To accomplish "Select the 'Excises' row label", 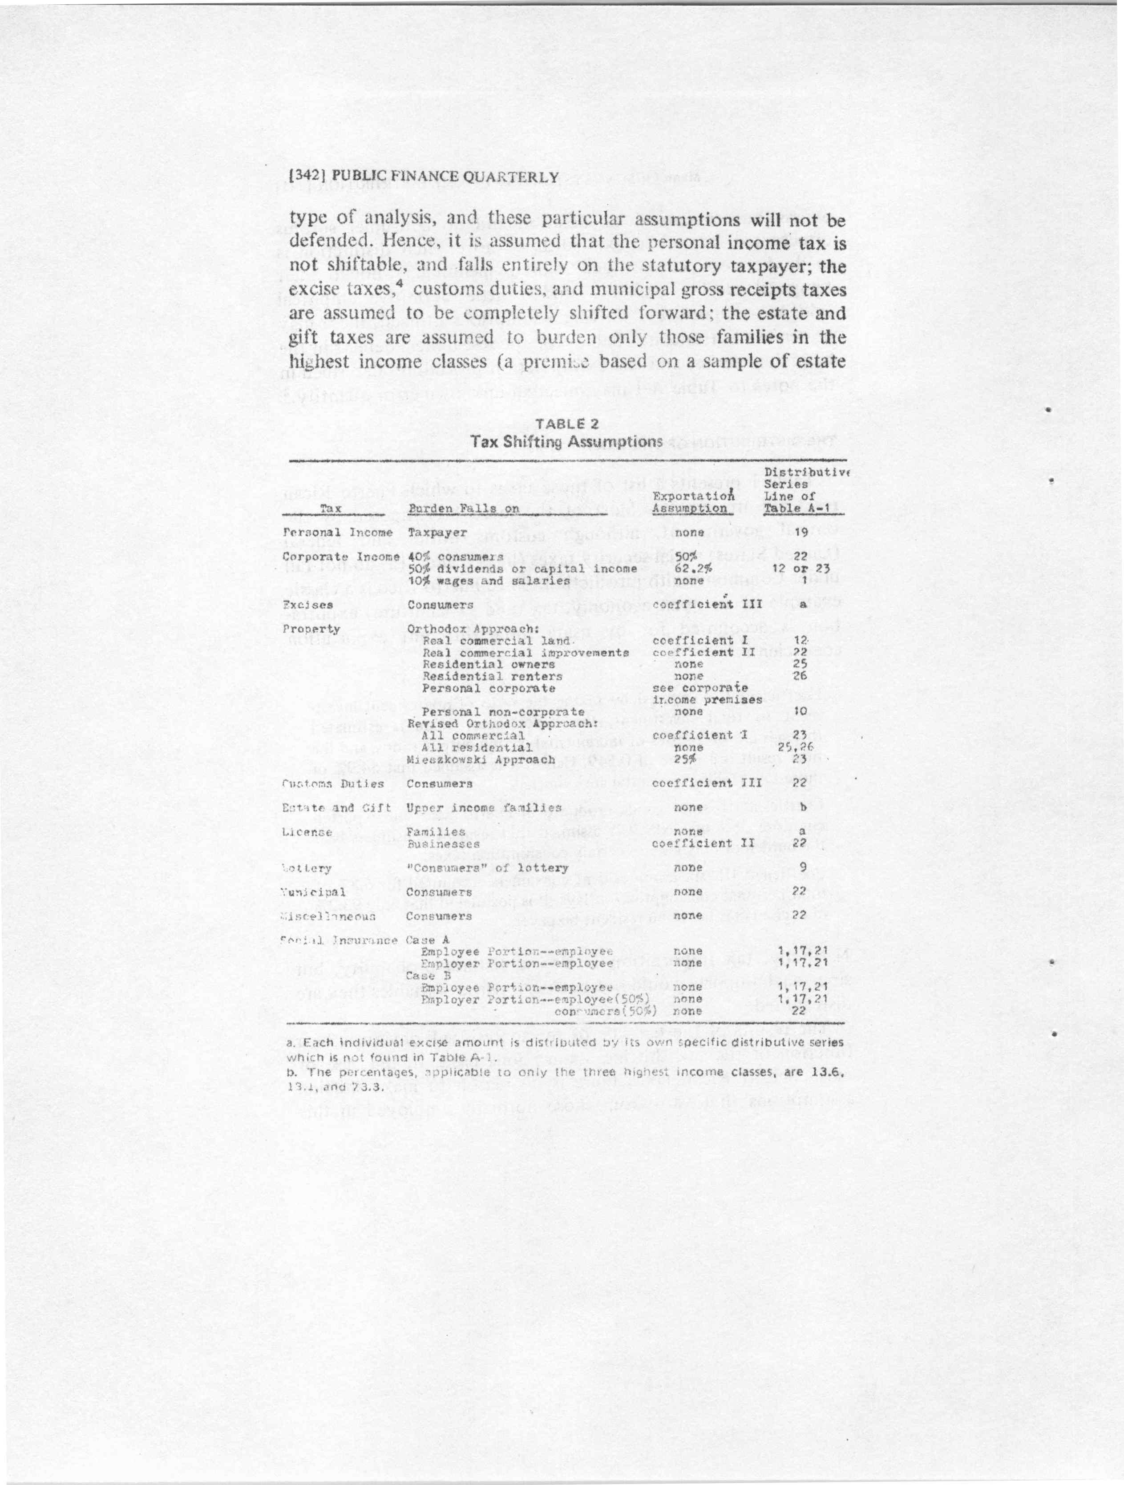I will tap(308, 605).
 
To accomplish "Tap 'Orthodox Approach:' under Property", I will tap(474, 629).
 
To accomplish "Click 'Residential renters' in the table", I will tap(492, 677).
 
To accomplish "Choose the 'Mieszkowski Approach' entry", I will tap(481, 760).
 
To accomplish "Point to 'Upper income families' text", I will tap(483, 807).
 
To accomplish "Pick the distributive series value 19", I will tap(799, 533).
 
